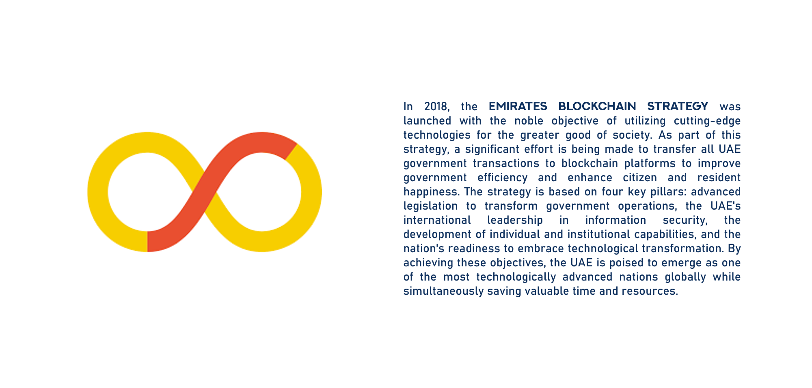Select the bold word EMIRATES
[518, 106]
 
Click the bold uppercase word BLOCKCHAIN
[597, 106]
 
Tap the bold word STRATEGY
[678, 106]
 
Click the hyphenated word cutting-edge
[707, 121]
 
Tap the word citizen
[640, 178]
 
